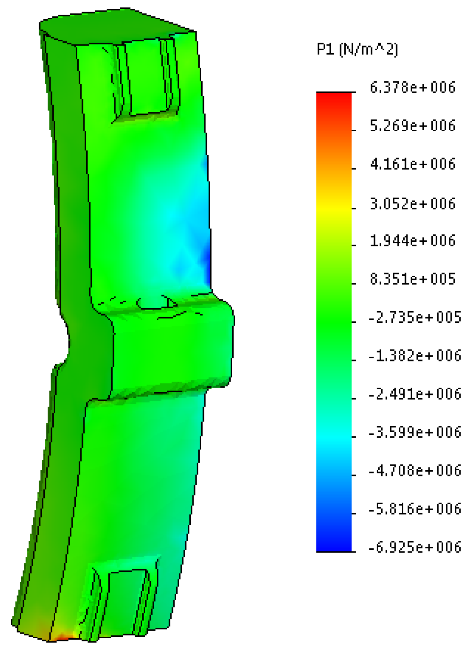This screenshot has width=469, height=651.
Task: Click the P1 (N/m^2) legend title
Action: [357, 50]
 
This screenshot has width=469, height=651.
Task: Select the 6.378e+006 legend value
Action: [413, 88]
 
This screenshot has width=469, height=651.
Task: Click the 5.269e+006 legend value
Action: [413, 126]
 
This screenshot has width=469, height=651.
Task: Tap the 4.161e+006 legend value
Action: [413, 164]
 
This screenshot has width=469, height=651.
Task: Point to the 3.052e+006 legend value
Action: [413, 203]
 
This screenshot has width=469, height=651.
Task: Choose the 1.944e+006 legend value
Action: [413, 241]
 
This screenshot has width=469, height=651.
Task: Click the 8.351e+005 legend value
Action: [413, 279]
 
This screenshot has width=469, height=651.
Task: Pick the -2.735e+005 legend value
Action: [415, 317]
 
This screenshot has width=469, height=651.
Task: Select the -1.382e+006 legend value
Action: [415, 356]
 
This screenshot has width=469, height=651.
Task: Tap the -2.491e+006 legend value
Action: [415, 394]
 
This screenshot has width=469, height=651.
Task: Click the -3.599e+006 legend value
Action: [415, 432]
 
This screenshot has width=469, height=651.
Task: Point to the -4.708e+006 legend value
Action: [415, 471]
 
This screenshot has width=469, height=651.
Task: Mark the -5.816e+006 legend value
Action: [415, 509]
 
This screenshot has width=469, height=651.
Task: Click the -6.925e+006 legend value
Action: [415, 547]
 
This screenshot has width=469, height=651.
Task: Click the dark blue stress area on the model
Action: [207, 263]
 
